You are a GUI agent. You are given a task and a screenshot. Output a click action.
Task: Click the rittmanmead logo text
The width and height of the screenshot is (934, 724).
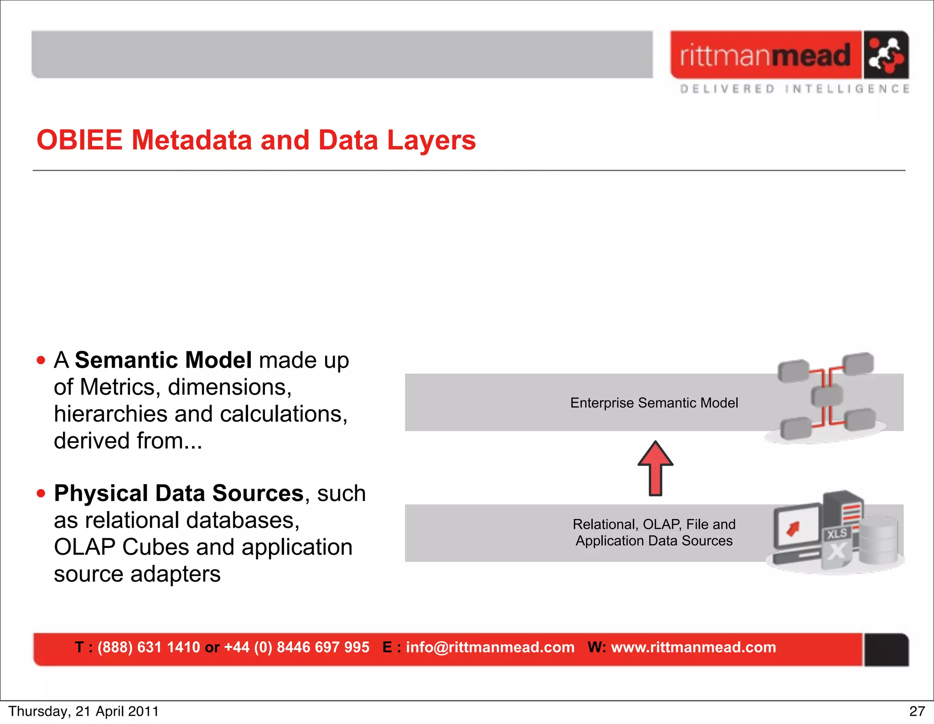765,55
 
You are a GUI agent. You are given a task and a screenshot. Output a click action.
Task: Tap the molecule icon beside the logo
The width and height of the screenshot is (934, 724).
885,55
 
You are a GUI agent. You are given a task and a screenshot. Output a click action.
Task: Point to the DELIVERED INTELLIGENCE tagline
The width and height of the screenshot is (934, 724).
794,89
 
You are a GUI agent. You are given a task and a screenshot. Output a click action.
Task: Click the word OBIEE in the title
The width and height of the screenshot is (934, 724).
79,140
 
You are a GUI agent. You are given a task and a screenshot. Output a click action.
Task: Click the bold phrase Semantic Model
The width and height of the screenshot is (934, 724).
163,360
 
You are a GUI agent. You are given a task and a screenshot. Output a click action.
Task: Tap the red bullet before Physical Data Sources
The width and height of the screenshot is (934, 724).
41,493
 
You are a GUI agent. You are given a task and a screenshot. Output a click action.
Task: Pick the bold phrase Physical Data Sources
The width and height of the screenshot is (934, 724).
179,493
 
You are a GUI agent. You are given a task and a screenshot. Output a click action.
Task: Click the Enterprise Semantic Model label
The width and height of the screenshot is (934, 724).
654,403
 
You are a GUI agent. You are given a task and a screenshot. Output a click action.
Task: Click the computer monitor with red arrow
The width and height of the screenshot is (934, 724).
797,527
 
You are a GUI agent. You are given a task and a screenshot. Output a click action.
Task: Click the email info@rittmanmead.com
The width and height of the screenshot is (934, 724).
490,647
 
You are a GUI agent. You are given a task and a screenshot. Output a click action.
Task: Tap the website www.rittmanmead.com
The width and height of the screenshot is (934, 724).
693,647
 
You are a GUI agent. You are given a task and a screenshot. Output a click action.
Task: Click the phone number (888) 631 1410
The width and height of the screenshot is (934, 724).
149,647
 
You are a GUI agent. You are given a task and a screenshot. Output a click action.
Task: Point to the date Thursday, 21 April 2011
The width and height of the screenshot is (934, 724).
83,712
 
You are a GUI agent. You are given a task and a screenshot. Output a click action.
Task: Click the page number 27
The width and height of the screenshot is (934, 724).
917,712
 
